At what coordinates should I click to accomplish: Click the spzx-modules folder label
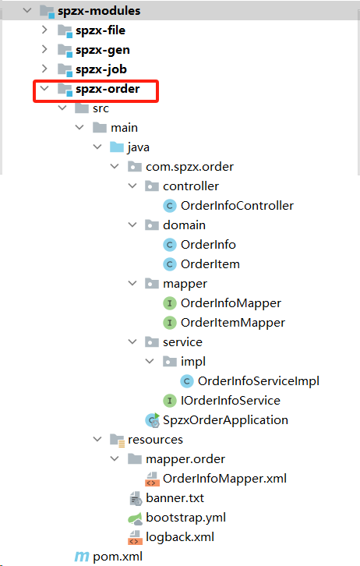tap(99, 11)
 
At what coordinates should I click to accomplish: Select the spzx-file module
tap(101, 30)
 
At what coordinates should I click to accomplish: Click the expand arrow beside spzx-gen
tap(44, 49)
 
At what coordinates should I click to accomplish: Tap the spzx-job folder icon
tap(65, 69)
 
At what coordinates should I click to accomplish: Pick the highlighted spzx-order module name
tap(108, 89)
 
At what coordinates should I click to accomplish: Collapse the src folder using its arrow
tap(62, 108)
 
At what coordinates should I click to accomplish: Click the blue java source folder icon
tap(117, 147)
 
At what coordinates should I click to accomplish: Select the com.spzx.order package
tap(189, 167)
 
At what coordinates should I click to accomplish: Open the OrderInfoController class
tap(237, 206)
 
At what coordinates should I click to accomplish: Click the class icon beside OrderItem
tap(170, 264)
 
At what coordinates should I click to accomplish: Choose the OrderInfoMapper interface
tap(231, 303)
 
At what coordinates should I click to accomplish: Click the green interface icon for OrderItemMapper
tap(170, 323)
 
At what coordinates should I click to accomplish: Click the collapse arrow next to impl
tap(150, 361)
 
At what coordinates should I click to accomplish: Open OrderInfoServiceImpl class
tap(258, 381)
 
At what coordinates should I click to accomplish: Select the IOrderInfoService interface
tap(230, 401)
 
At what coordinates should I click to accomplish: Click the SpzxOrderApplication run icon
tap(152, 420)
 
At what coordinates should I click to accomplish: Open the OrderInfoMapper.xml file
tap(224, 479)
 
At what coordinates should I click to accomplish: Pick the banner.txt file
tap(175, 498)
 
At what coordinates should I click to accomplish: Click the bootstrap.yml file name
tap(185, 518)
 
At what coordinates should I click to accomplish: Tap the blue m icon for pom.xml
tap(82, 557)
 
